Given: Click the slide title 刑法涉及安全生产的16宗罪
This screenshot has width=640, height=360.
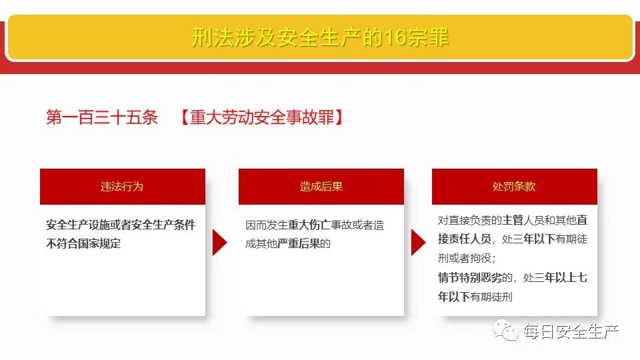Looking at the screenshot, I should (320, 37).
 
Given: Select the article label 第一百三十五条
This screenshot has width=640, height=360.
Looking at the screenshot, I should (102, 118).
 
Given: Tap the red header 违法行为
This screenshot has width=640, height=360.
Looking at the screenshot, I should (122, 187).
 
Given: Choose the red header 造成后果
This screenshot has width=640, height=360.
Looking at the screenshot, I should (321, 187).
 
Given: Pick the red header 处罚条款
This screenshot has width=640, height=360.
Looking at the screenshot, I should (514, 187).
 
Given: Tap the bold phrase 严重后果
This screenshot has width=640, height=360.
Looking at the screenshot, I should (299, 243).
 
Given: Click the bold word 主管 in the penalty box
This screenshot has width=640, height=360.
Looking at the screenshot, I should (513, 220).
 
